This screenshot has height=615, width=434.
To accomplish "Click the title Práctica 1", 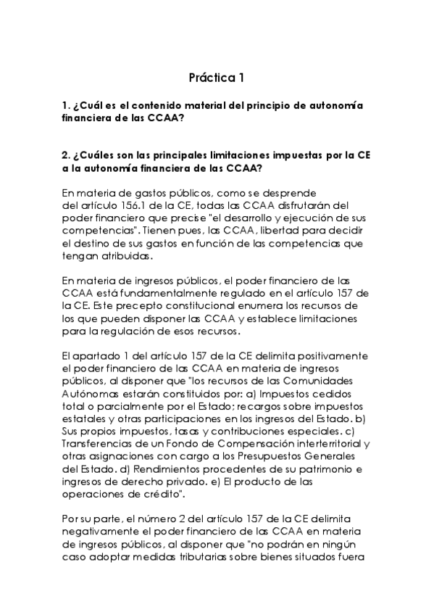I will tap(217, 76).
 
